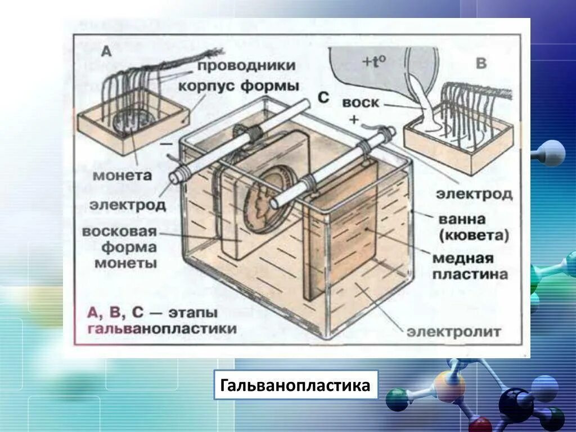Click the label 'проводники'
[246, 65]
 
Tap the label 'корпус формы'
[239, 87]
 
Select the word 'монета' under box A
[122, 175]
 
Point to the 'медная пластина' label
[470, 266]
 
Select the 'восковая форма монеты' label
[119, 247]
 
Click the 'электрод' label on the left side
[128, 205]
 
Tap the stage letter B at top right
[481, 63]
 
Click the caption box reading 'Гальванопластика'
[295, 385]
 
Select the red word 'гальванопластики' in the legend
[162, 329]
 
